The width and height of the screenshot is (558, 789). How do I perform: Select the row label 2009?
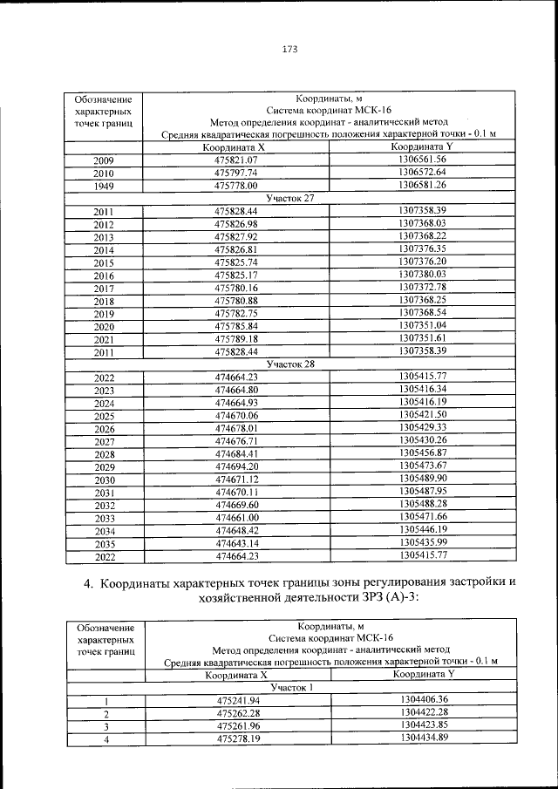click(104, 160)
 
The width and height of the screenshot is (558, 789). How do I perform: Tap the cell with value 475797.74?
click(236, 173)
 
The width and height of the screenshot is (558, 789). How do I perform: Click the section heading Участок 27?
click(290, 198)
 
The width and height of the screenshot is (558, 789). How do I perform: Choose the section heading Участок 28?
click(290, 364)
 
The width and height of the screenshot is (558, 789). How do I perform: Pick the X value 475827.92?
click(236, 236)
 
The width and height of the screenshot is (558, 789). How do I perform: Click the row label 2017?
click(104, 288)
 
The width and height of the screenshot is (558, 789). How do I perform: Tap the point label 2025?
click(104, 416)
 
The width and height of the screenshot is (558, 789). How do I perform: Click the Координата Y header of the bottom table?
click(425, 674)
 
